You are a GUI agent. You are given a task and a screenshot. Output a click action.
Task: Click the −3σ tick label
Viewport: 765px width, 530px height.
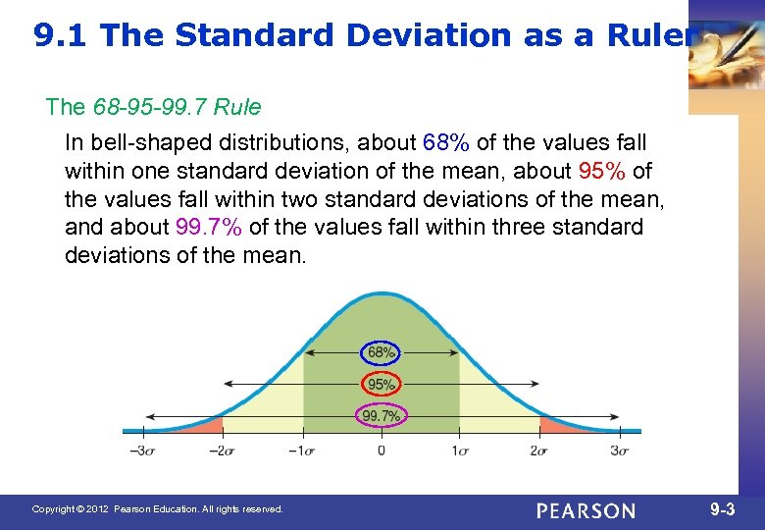pyautogui.click(x=143, y=450)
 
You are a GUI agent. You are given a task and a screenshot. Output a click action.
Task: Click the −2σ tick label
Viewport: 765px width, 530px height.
pyautogui.click(x=222, y=450)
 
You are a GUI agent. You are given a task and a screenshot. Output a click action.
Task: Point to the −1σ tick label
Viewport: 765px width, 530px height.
pyautogui.click(x=301, y=450)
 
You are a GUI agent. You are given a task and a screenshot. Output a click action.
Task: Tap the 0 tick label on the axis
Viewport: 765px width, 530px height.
pyautogui.click(x=382, y=450)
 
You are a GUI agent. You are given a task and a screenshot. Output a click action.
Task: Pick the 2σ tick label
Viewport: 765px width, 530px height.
pyautogui.click(x=538, y=450)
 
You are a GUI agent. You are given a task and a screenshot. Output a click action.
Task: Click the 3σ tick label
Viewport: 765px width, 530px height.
pyautogui.click(x=619, y=450)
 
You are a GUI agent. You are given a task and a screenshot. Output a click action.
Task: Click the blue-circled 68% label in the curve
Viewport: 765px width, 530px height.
pyautogui.click(x=382, y=351)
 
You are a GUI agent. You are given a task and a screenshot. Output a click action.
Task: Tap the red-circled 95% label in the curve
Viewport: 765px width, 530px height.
pyautogui.click(x=382, y=384)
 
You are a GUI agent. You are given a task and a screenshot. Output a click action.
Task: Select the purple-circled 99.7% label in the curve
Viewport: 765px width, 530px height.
pyautogui.click(x=382, y=416)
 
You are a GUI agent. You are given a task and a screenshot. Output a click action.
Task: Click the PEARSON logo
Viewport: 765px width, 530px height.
pyautogui.click(x=586, y=510)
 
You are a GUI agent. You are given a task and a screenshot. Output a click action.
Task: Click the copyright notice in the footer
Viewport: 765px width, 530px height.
pyautogui.click(x=157, y=509)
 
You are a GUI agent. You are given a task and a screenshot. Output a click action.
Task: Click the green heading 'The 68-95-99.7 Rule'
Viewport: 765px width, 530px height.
pyautogui.click(x=153, y=105)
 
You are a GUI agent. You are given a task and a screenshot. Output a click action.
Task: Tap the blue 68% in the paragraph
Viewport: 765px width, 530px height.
pyautogui.click(x=447, y=143)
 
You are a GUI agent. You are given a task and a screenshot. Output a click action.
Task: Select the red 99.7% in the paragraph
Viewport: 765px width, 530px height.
pyautogui.click(x=210, y=228)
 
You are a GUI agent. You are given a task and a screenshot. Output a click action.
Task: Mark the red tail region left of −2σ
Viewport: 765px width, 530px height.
pyautogui.click(x=208, y=425)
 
